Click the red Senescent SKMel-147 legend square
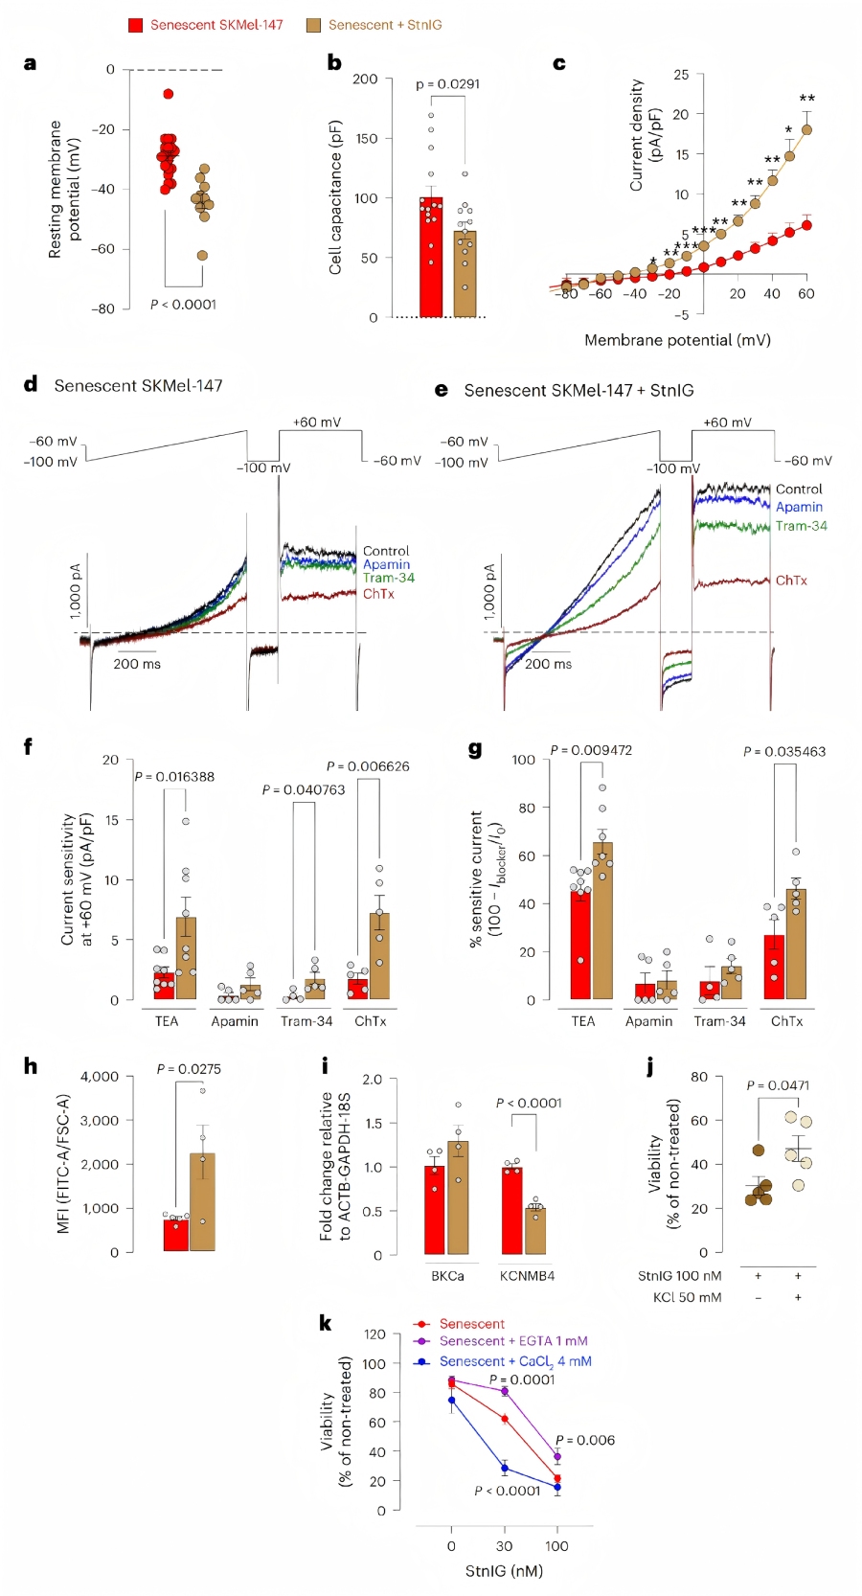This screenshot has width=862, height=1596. tap(136, 25)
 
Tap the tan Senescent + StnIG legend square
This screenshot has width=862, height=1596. tap(313, 25)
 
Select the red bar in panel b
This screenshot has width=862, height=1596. tap(431, 259)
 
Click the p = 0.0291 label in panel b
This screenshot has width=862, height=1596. tap(447, 84)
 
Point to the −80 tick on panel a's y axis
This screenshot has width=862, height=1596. tap(102, 308)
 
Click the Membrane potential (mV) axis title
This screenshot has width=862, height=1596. tap(677, 340)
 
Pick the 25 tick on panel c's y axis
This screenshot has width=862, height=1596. tap(681, 75)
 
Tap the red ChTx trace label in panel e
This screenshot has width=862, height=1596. tap(791, 581)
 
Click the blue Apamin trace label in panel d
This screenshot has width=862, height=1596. tap(386, 564)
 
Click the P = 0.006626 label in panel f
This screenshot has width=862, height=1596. tap(368, 766)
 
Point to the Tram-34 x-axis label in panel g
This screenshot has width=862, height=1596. tap(719, 1021)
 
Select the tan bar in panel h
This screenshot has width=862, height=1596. tap(202, 1203)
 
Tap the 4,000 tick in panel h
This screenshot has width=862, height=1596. tap(100, 1077)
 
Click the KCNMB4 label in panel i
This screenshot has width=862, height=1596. tap(527, 1276)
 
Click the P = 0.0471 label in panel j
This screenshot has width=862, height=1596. tap(778, 1085)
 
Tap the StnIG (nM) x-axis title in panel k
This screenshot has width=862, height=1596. tap(504, 1571)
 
